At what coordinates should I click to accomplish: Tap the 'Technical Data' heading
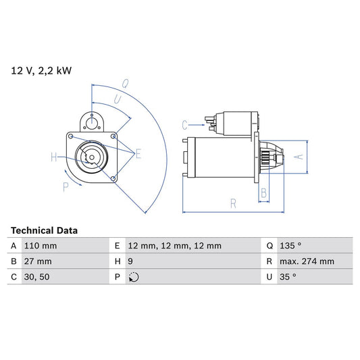(x=45, y=230)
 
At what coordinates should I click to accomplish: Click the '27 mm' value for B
(x=37, y=261)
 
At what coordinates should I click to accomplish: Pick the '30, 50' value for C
(x=37, y=277)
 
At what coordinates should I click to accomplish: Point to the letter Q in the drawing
(x=125, y=84)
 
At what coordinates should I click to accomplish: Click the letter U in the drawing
(x=118, y=99)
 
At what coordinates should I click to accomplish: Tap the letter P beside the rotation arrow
(x=66, y=187)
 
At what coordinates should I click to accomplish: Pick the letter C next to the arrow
(x=184, y=124)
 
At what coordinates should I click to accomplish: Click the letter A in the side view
(x=301, y=157)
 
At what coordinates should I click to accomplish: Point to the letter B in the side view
(x=264, y=193)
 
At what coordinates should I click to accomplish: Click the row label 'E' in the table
(x=118, y=246)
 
